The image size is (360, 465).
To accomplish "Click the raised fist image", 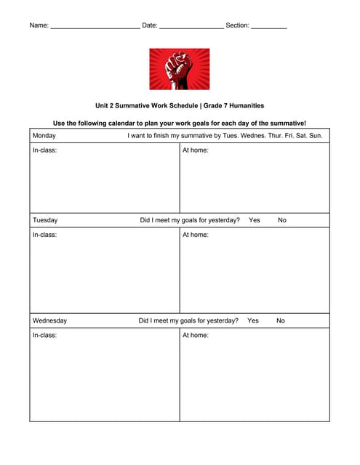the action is pos(180,69).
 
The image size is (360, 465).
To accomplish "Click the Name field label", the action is pos(39,25).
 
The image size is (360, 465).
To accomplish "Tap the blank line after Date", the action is pos(191,26).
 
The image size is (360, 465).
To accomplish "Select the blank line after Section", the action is pos(268,26).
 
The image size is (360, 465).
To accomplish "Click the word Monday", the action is pos(44,136).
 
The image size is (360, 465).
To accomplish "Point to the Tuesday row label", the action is pos(45,220).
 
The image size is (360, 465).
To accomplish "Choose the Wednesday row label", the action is pos(50,320).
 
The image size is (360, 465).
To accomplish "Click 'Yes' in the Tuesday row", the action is pos(255,220).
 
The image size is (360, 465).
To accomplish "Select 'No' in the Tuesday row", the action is pos(282,220).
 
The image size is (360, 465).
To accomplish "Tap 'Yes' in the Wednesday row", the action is pos(253,320).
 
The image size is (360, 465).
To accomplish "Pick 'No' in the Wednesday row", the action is pos(281,320).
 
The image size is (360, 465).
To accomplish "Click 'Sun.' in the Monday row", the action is pos(316,136).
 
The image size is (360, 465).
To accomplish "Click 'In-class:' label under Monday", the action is pos(45,150).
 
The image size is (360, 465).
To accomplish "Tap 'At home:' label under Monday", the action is pos(196,150).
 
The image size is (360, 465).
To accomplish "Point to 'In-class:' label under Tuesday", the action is pos(45,235).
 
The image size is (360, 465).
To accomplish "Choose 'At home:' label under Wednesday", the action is pos(196,335).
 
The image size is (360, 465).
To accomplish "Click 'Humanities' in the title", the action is pos(244,105).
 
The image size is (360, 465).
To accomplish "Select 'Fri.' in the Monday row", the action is pos(282,136).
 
